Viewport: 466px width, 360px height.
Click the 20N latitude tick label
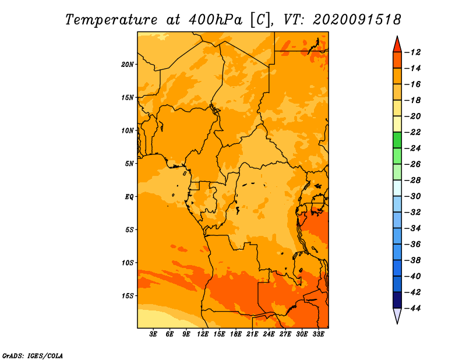coord(128,64)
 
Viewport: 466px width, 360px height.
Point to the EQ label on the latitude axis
coord(129,197)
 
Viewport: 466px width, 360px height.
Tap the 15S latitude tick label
coord(128,296)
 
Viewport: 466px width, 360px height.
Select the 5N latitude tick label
coord(129,164)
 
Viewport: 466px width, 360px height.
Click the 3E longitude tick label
coord(153,334)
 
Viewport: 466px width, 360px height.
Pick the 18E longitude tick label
coord(236,334)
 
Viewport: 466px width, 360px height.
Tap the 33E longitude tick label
coord(318,334)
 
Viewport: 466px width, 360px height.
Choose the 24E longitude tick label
coord(269,334)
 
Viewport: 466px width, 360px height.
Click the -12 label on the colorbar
coord(413,52)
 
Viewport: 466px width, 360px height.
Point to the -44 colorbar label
coord(413,308)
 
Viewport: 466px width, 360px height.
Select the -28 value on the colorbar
coord(413,180)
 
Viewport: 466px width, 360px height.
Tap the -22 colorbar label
coord(413,132)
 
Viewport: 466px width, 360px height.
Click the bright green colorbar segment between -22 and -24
coord(397,140)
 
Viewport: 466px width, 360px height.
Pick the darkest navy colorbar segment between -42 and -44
coord(397,300)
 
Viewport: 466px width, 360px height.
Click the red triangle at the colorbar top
coord(397,45)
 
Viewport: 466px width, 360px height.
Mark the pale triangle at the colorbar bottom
coord(397,315)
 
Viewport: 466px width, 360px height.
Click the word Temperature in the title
coord(111,20)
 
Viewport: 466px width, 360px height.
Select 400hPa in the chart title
coord(216,20)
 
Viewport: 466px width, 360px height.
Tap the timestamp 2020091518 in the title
coord(357,20)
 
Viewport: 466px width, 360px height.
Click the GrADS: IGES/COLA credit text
coord(33,355)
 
